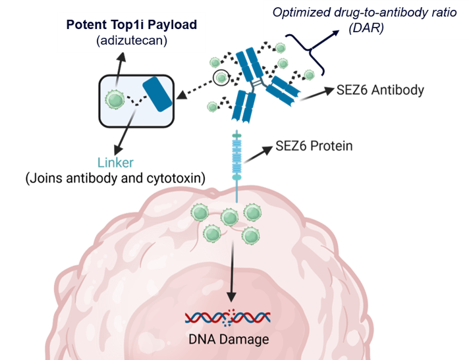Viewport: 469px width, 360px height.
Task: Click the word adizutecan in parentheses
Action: (132, 40)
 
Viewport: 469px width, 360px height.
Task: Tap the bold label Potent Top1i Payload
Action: (132, 25)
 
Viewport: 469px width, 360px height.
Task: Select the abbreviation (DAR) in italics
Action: (366, 28)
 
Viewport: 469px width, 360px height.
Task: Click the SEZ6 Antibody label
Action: (380, 90)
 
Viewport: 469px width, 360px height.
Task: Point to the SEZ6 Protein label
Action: (314, 146)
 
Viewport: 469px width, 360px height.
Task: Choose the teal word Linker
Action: (115, 163)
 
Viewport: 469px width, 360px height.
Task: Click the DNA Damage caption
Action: (229, 340)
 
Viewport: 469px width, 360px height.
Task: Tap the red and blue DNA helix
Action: (228, 318)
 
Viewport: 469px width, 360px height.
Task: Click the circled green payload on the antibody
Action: (221, 78)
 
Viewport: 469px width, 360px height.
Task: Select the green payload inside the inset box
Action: (115, 99)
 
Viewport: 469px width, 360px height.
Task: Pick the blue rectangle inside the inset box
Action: (157, 94)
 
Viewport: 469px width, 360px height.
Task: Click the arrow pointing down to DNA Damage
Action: (231, 271)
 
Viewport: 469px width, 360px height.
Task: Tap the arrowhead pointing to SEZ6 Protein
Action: (267, 150)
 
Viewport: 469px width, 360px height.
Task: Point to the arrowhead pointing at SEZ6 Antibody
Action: (329, 90)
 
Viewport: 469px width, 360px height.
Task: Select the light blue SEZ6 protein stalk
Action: (237, 166)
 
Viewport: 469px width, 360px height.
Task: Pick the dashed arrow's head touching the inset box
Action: (182, 95)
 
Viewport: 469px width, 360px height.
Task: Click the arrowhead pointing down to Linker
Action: (118, 149)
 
